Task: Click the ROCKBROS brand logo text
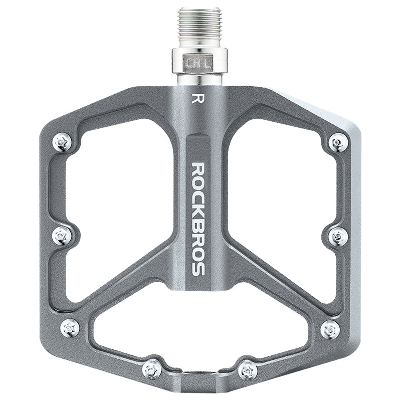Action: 198,219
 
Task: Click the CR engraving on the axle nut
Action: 193,64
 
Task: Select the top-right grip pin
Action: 339,142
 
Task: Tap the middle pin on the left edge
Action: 62,235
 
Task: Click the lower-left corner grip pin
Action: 70,327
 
